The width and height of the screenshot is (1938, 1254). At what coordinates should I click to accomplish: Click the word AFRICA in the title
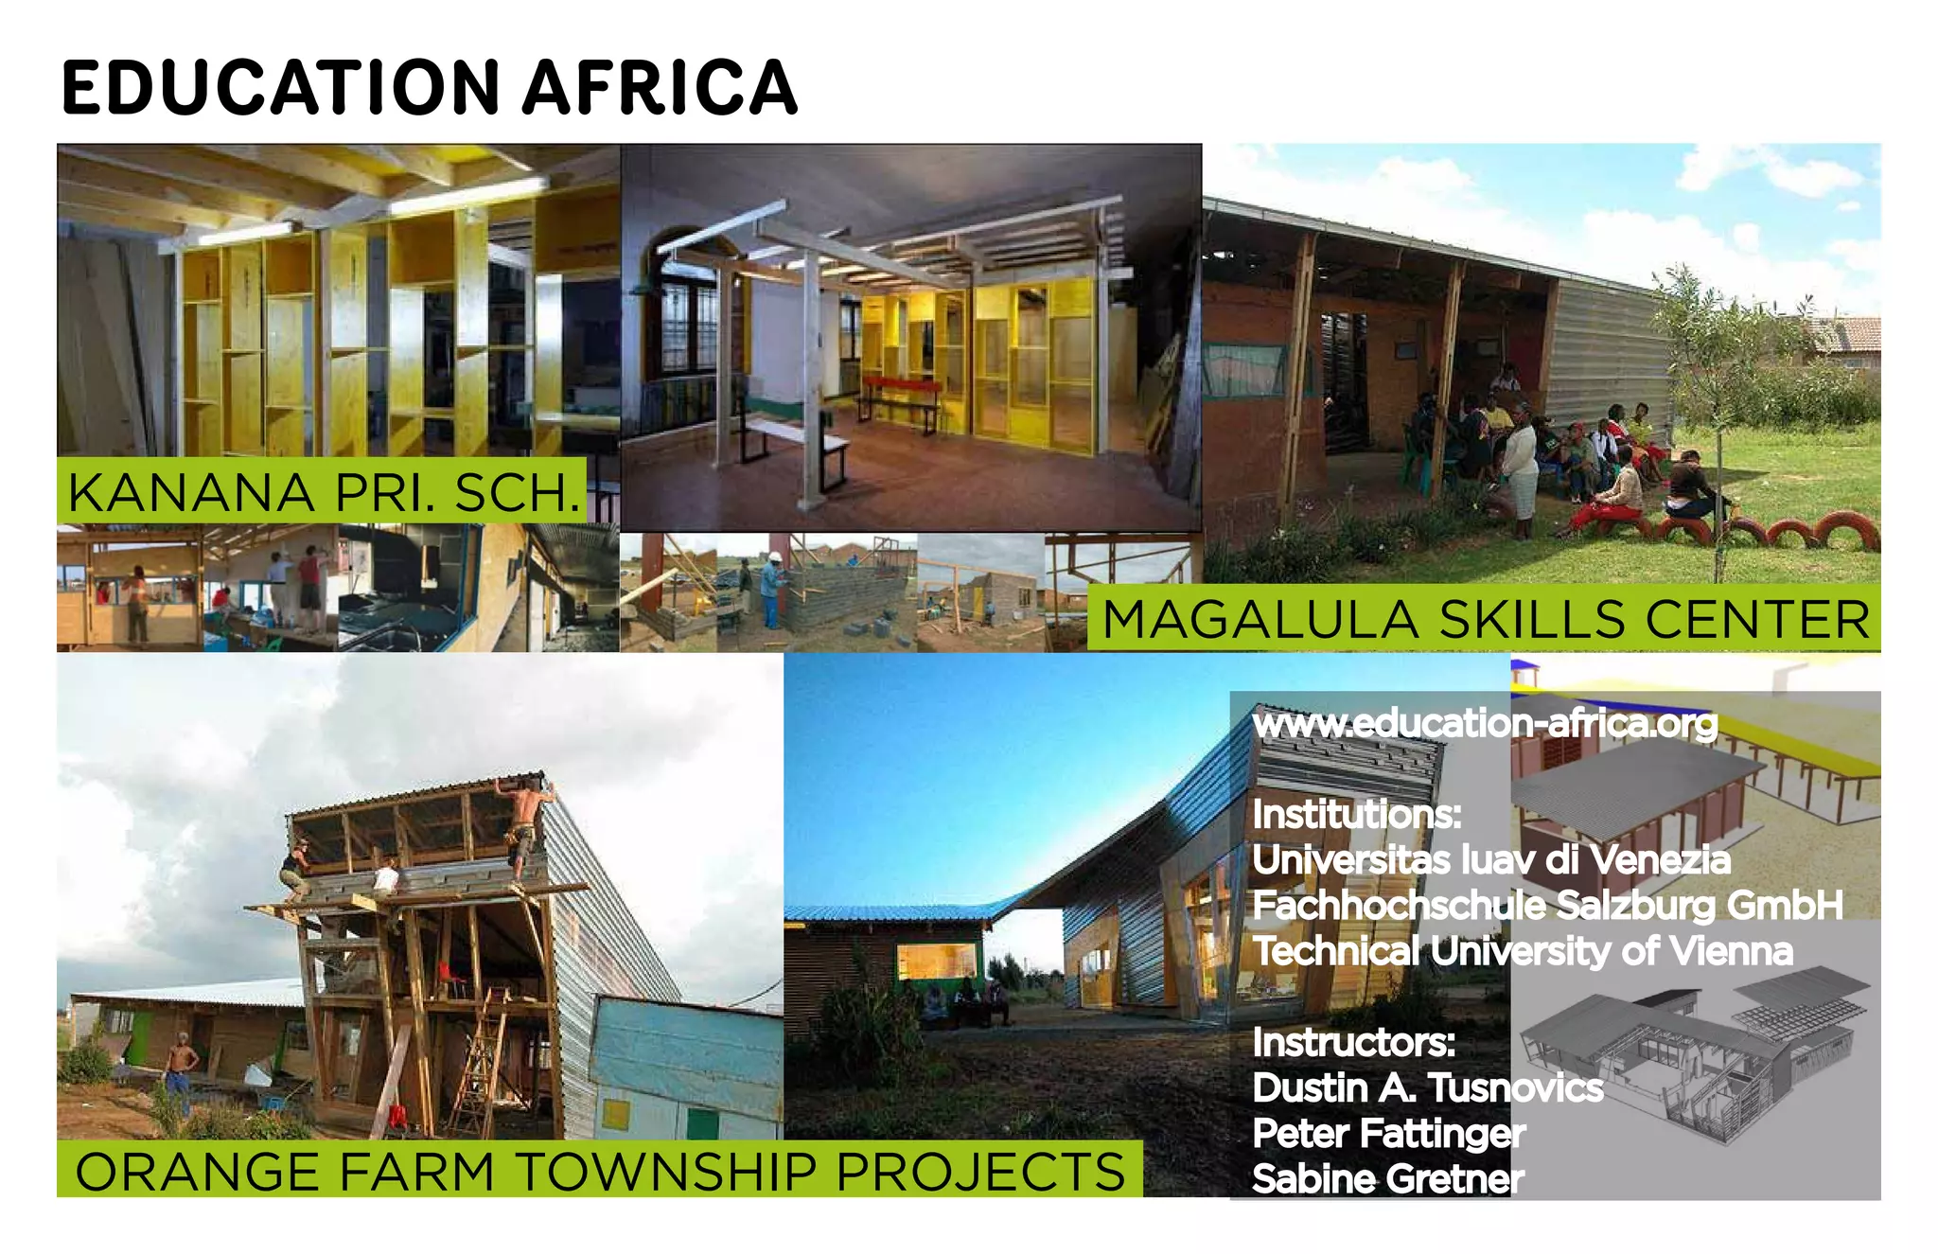660,88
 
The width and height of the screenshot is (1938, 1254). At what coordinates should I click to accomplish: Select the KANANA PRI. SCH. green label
323,492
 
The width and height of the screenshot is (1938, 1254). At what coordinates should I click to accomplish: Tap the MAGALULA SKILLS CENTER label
1485,621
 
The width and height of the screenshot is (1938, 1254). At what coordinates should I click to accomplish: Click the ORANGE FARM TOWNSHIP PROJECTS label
600,1171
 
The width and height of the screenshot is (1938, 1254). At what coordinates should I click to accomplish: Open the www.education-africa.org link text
1484,723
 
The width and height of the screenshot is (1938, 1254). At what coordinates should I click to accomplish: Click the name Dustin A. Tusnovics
1427,1087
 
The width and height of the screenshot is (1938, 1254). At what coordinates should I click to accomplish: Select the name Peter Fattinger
1388,1133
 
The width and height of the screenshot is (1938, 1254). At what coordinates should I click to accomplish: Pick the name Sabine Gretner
1387,1178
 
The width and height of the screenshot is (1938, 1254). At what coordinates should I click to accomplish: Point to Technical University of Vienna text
1522,951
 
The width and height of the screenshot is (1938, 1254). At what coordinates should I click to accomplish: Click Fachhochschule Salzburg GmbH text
1546,906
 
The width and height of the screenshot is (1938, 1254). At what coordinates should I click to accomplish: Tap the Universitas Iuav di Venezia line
1490,860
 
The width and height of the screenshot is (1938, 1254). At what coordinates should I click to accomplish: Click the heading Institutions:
1356,814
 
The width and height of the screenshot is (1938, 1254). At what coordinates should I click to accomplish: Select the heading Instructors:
1353,1042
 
